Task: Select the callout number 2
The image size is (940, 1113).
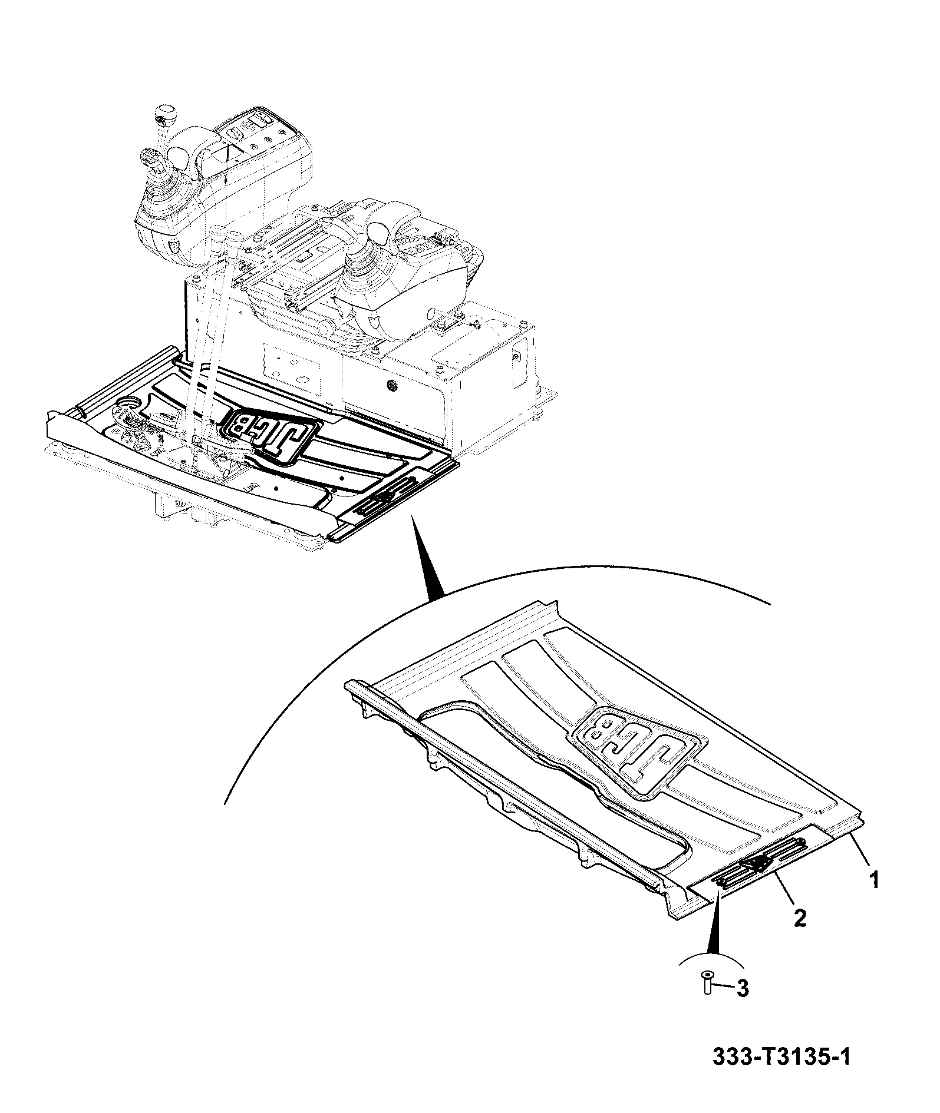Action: (799, 934)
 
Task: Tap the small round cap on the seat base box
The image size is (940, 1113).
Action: (390, 385)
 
